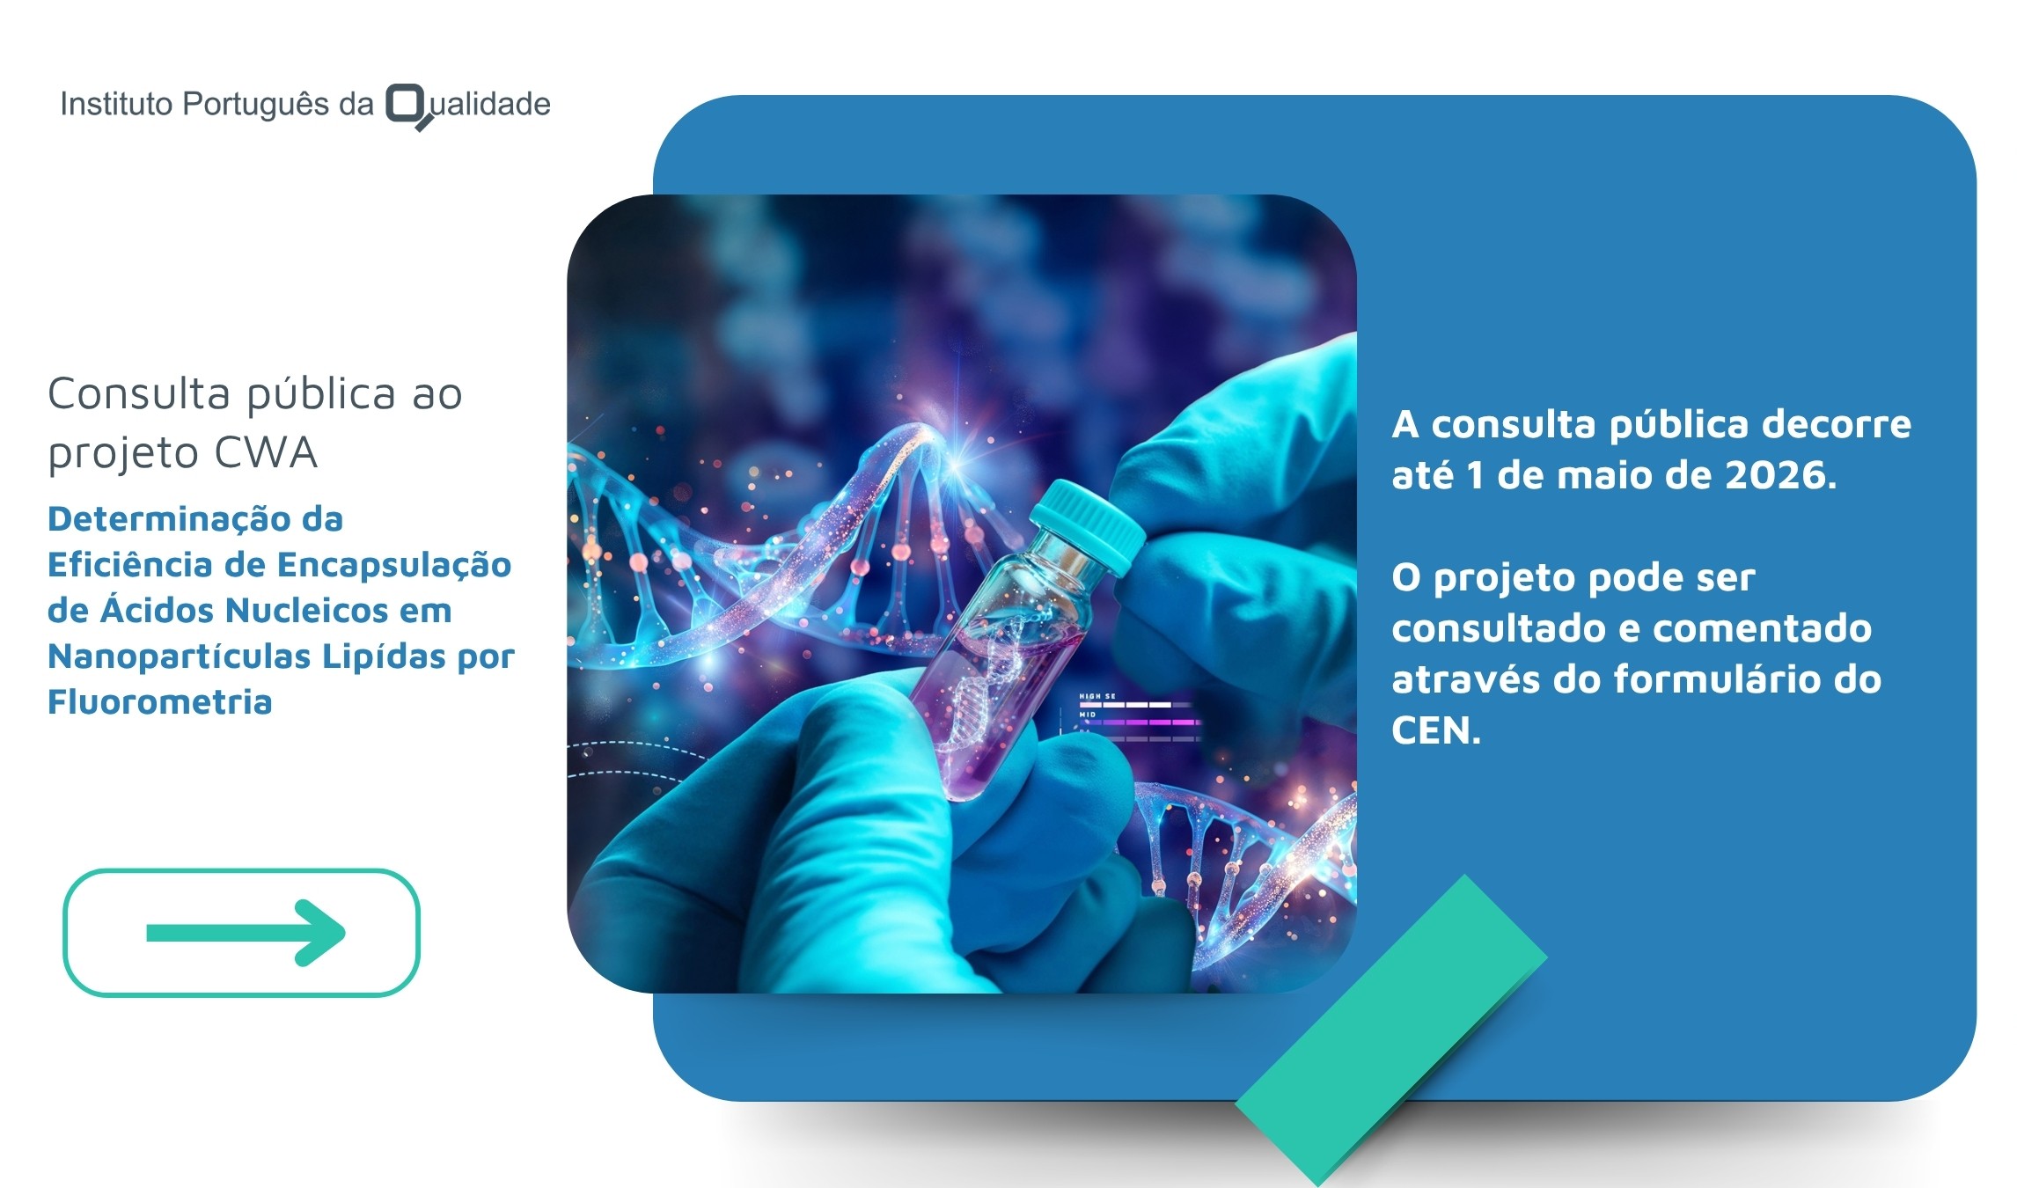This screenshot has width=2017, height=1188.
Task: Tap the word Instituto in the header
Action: (116, 104)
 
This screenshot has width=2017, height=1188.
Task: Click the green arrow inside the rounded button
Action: (246, 933)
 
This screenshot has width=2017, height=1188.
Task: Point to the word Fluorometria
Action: (159, 702)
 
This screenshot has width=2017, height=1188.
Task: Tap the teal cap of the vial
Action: (1089, 526)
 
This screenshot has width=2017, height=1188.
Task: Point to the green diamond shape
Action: (1390, 1030)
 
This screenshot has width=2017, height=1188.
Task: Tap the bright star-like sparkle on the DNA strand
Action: (957, 456)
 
